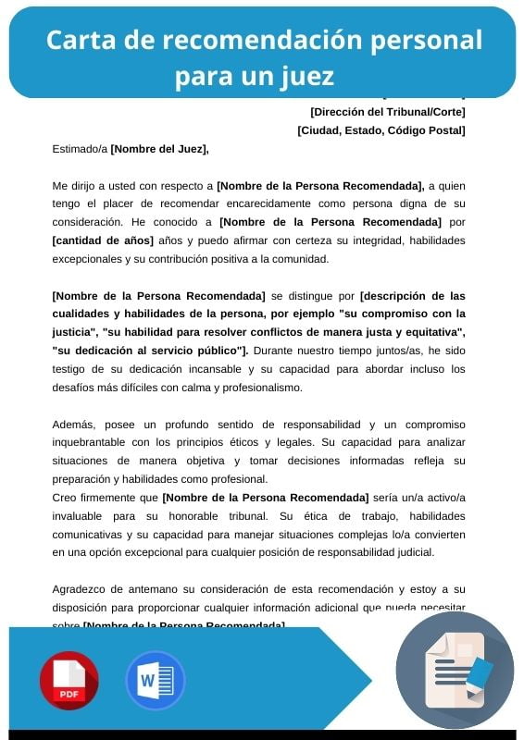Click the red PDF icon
tap(69, 681)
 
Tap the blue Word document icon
tap(156, 681)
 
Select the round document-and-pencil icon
tap(455, 671)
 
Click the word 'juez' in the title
tap(302, 75)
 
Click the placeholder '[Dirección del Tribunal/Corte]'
tap(387, 112)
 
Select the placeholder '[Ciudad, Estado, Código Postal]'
tap(381, 130)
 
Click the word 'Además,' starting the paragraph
tap(74, 425)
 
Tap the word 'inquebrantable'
tap(91, 442)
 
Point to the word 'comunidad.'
tap(300, 259)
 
